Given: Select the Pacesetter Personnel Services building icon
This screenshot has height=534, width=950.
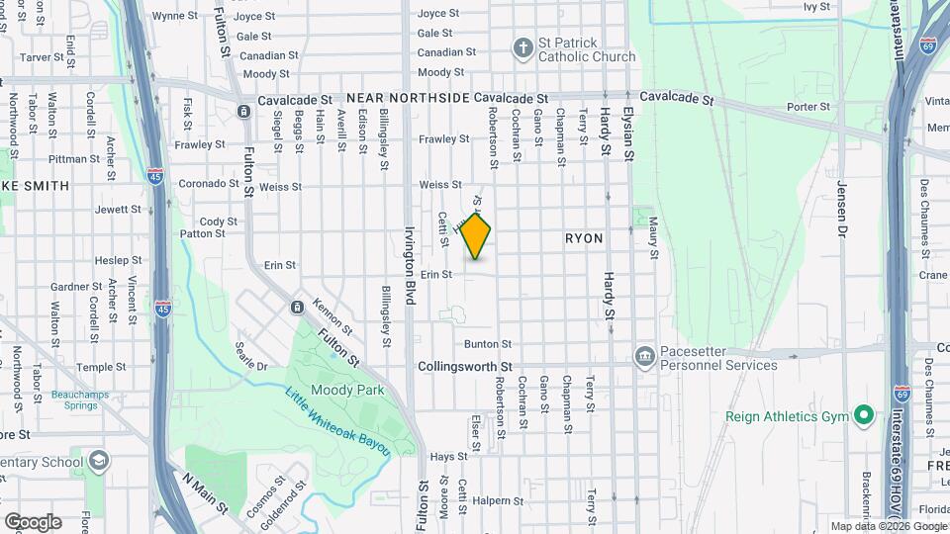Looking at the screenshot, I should (644, 355).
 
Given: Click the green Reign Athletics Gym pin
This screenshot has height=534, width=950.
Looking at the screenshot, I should (863, 416).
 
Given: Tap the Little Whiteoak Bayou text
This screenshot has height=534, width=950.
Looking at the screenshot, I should (337, 421).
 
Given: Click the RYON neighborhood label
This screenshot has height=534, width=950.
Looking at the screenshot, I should (584, 239).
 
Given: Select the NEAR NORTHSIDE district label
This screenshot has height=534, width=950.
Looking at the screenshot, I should (408, 100).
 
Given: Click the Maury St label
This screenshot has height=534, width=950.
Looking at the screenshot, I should (654, 241).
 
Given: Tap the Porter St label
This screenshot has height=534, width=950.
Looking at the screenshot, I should (810, 107).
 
